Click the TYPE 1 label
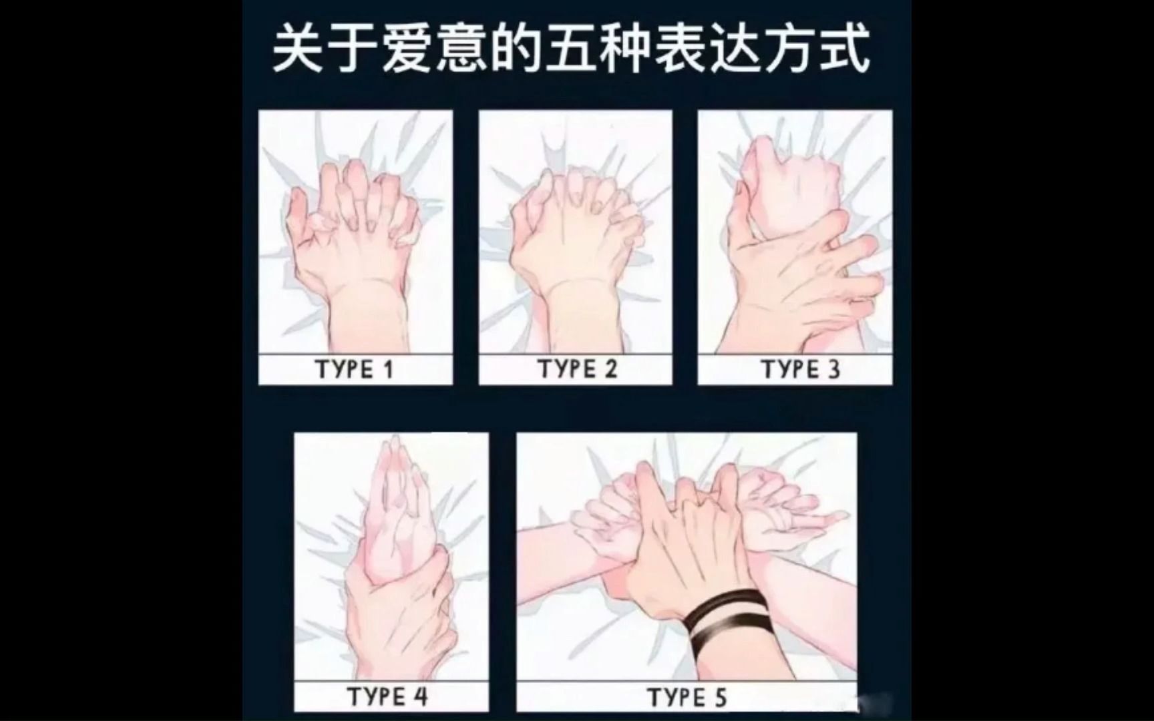[x=355, y=369]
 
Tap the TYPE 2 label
[x=577, y=369]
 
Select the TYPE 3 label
[x=801, y=369]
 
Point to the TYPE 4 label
[x=387, y=696]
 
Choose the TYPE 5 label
[x=687, y=698]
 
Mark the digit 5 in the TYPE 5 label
[x=720, y=698]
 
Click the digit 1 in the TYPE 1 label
[x=389, y=369]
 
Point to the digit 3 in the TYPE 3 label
[x=833, y=369]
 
